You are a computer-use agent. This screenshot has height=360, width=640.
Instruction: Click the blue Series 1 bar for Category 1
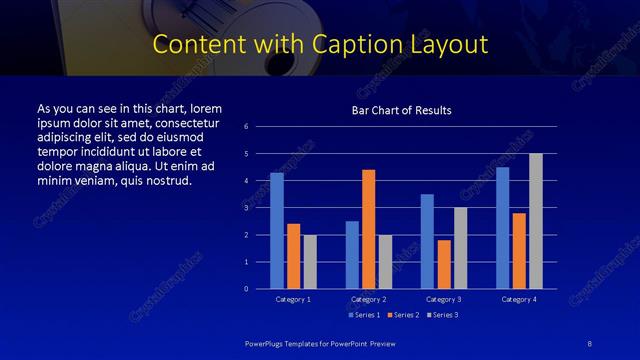(277, 231)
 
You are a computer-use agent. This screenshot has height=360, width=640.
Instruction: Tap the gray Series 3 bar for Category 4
(536, 221)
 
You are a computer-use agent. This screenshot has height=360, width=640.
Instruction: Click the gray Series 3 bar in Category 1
(310, 262)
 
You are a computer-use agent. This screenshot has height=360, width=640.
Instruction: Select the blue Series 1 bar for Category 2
(352, 255)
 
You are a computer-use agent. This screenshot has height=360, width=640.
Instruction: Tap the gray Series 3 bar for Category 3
(460, 248)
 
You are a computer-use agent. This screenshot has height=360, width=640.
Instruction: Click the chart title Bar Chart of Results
(401, 110)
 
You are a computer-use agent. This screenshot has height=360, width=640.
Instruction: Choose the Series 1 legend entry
(364, 314)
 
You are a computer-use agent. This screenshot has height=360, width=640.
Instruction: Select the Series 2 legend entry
(402, 314)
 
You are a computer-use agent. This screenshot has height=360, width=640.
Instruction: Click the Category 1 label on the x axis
(293, 299)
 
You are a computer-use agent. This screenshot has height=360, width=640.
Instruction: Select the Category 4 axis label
(518, 299)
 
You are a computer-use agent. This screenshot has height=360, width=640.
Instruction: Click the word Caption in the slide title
(375, 45)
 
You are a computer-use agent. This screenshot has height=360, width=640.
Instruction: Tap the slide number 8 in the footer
(591, 344)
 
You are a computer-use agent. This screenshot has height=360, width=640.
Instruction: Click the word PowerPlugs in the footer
(265, 344)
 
